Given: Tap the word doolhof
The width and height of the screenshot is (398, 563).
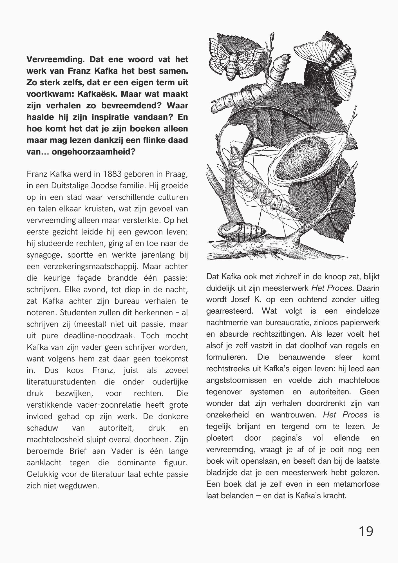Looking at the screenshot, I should pos(304,346).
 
